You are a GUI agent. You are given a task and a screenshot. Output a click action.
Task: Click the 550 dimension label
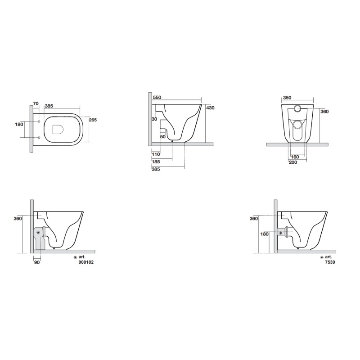157,97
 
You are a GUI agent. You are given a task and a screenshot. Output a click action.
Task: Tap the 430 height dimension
210,108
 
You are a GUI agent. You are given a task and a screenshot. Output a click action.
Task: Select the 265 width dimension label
93,120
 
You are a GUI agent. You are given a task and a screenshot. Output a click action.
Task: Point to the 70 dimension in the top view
36,103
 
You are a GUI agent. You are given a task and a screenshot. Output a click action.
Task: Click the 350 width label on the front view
287,98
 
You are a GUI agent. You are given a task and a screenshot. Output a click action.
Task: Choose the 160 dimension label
295,157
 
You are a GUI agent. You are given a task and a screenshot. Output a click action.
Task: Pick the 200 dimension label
293,162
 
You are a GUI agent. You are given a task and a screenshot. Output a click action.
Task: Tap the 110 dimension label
156,154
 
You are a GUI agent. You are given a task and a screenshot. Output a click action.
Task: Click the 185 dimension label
156,162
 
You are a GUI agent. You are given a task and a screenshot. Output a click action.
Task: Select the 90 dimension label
37,262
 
